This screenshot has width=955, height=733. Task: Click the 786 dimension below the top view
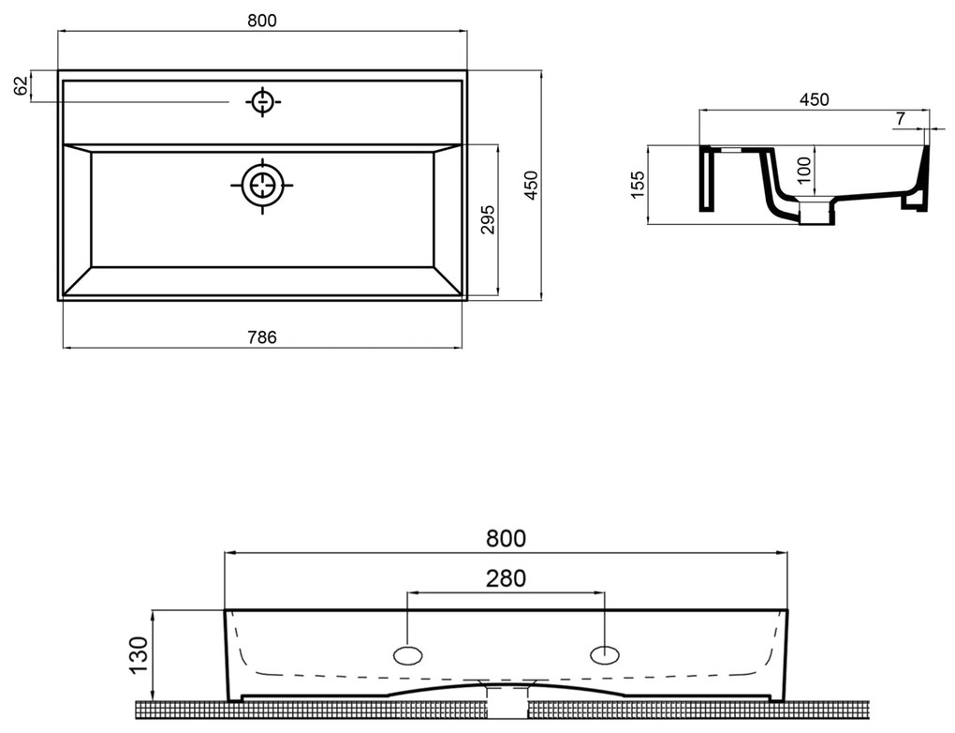pos(262,337)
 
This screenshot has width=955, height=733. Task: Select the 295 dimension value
pos(488,220)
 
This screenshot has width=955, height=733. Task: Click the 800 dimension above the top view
pos(262,20)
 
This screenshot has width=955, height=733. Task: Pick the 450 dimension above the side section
pos(815,99)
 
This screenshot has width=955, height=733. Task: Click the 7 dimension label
pos(900,119)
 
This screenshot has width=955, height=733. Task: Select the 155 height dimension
pos(637,185)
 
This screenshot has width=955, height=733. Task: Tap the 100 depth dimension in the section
pos(804,171)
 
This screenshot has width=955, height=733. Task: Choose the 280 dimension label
pos(506,578)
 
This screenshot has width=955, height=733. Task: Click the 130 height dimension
pos(139,655)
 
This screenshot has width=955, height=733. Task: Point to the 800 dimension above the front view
pos(506,538)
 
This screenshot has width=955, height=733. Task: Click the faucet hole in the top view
pos(262,102)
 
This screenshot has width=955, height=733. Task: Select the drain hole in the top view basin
pos(262,185)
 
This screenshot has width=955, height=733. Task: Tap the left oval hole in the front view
pos(408,655)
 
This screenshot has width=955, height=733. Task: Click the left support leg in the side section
pos(706,179)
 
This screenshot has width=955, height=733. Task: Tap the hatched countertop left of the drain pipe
pos(311,710)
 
